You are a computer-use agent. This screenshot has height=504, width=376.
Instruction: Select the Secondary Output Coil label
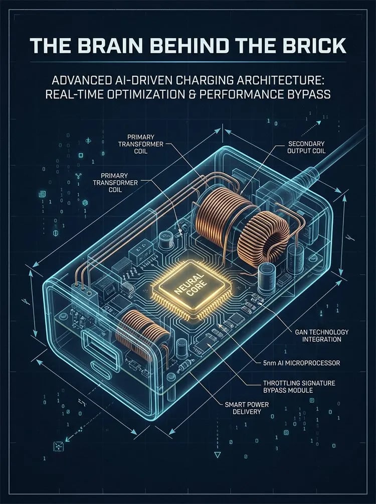click(x=306, y=147)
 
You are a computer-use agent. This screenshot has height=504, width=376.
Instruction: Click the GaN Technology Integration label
click(x=321, y=335)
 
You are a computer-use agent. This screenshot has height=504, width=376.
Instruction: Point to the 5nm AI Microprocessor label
click(x=301, y=363)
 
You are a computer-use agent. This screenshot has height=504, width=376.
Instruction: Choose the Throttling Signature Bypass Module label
click(x=299, y=387)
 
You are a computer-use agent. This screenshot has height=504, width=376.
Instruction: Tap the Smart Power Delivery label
click(x=247, y=408)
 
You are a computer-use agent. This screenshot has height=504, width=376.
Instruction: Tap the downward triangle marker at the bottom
click(x=218, y=455)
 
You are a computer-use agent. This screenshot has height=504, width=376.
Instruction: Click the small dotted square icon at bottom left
click(x=58, y=446)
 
